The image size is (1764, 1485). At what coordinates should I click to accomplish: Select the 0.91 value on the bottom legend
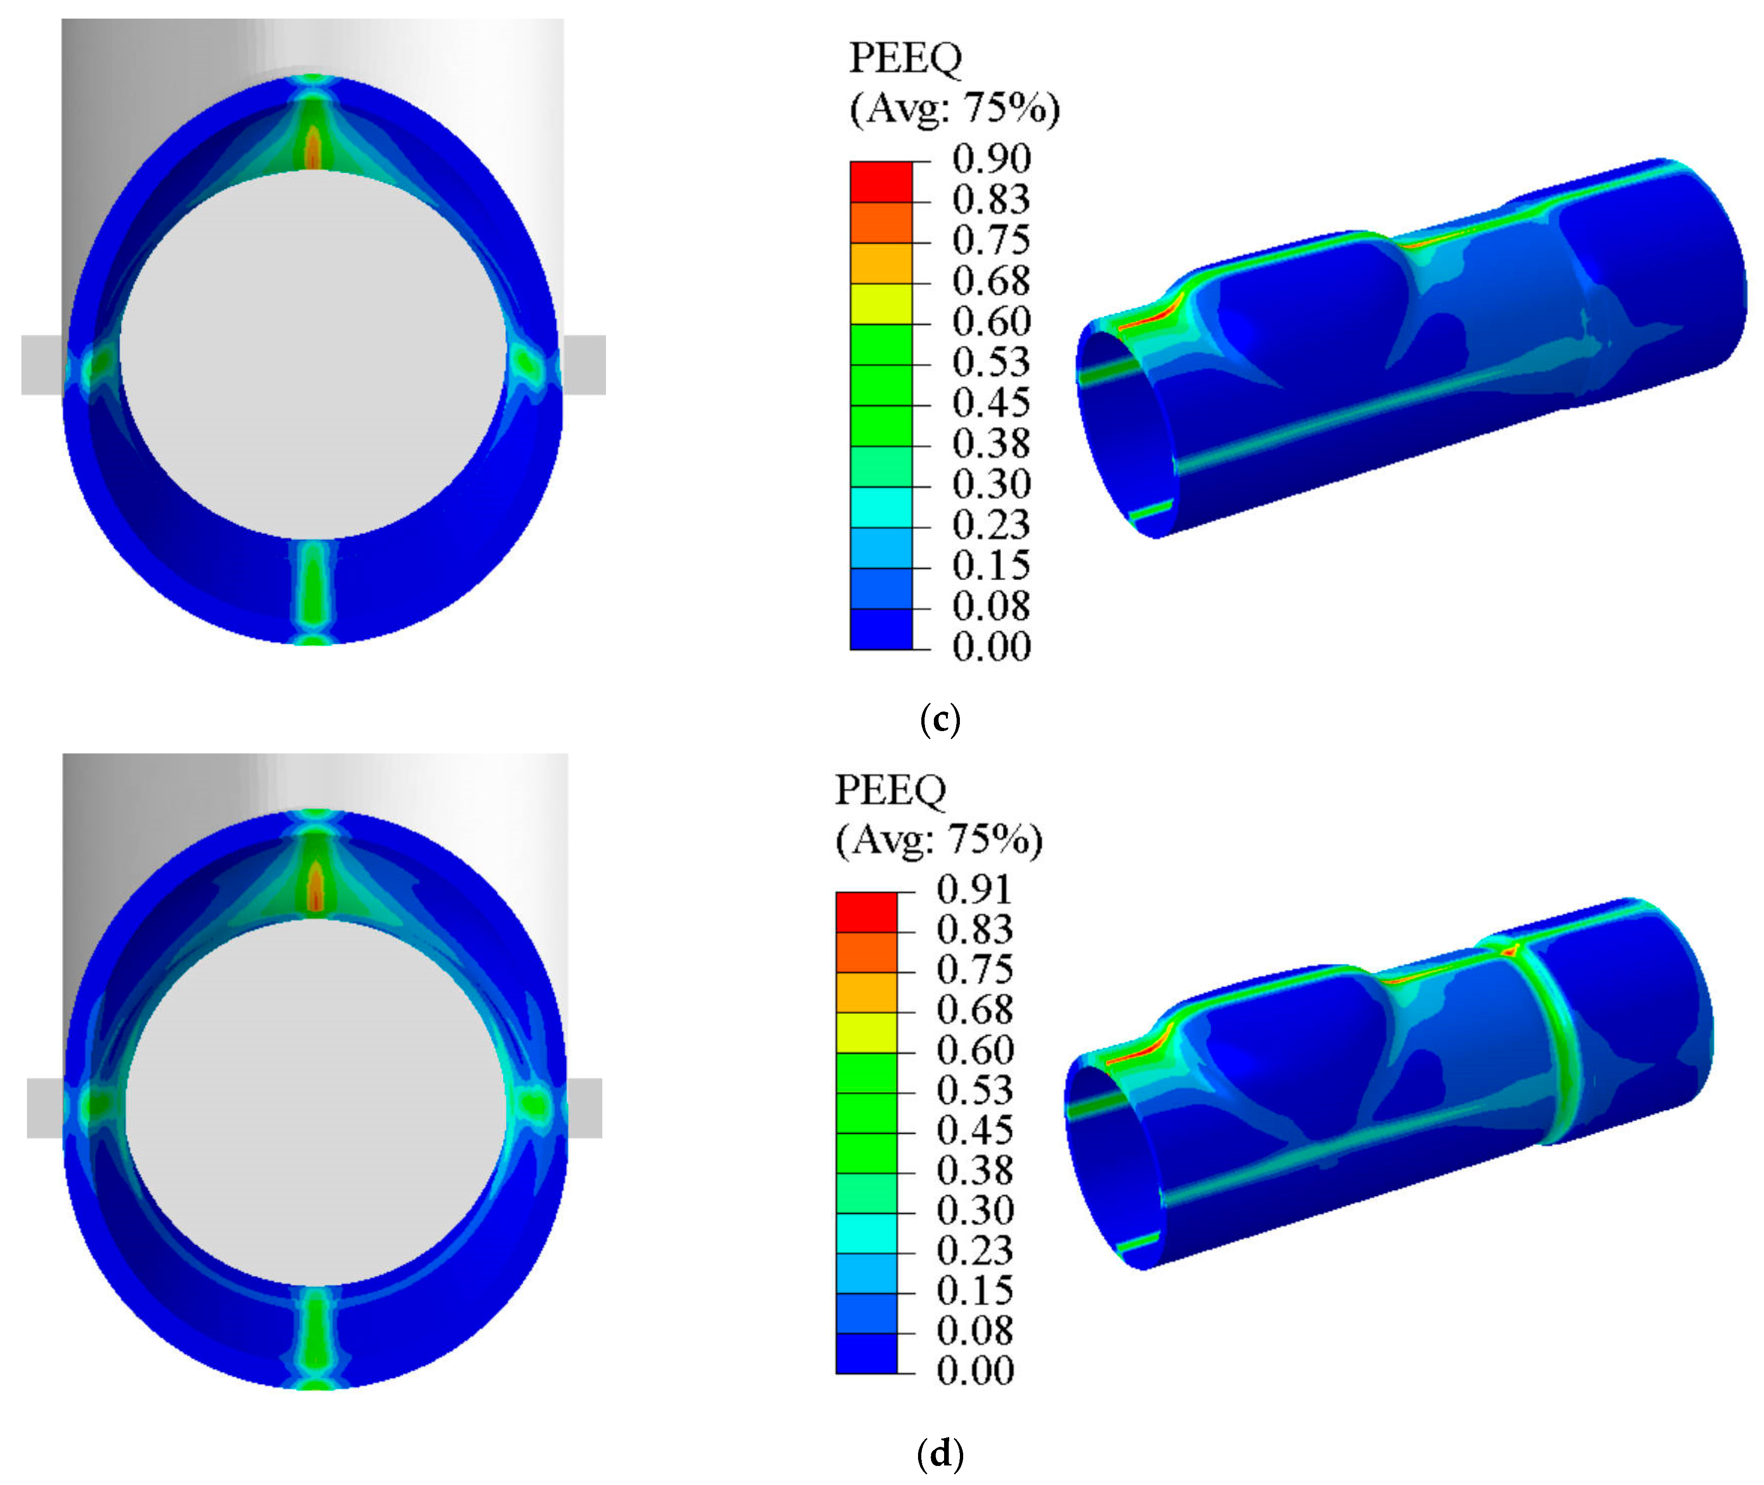point(975,890)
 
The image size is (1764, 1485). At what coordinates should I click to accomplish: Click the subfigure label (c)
point(940,720)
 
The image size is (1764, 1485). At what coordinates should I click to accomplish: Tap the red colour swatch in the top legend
point(881,182)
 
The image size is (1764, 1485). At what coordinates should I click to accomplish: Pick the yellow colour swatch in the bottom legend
point(866,1033)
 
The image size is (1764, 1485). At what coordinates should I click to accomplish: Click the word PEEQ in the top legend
point(905,59)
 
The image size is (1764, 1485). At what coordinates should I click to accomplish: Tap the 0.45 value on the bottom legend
point(975,1130)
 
